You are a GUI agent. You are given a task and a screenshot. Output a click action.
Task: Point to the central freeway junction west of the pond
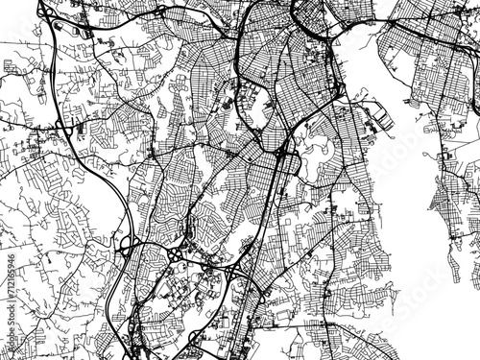click(280, 154)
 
